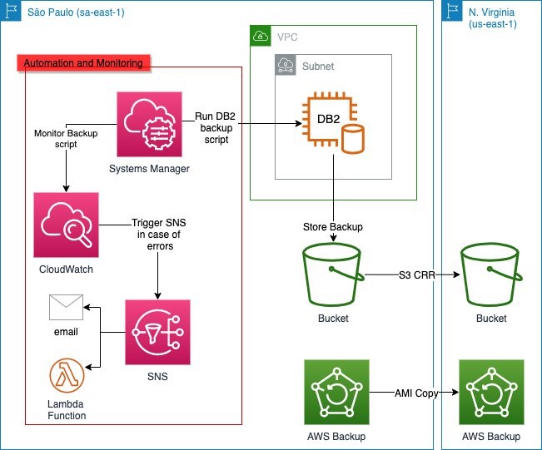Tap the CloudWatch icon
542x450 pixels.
(x=67, y=225)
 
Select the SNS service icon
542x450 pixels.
(x=157, y=333)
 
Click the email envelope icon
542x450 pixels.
(x=67, y=307)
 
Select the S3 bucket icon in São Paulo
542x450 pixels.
(x=333, y=275)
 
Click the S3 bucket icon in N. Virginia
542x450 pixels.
(x=491, y=275)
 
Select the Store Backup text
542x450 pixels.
(x=333, y=227)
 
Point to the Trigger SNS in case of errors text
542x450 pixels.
(x=156, y=235)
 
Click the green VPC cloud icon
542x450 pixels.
(x=261, y=36)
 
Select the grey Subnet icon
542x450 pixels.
(x=285, y=65)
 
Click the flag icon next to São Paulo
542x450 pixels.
(x=12, y=12)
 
